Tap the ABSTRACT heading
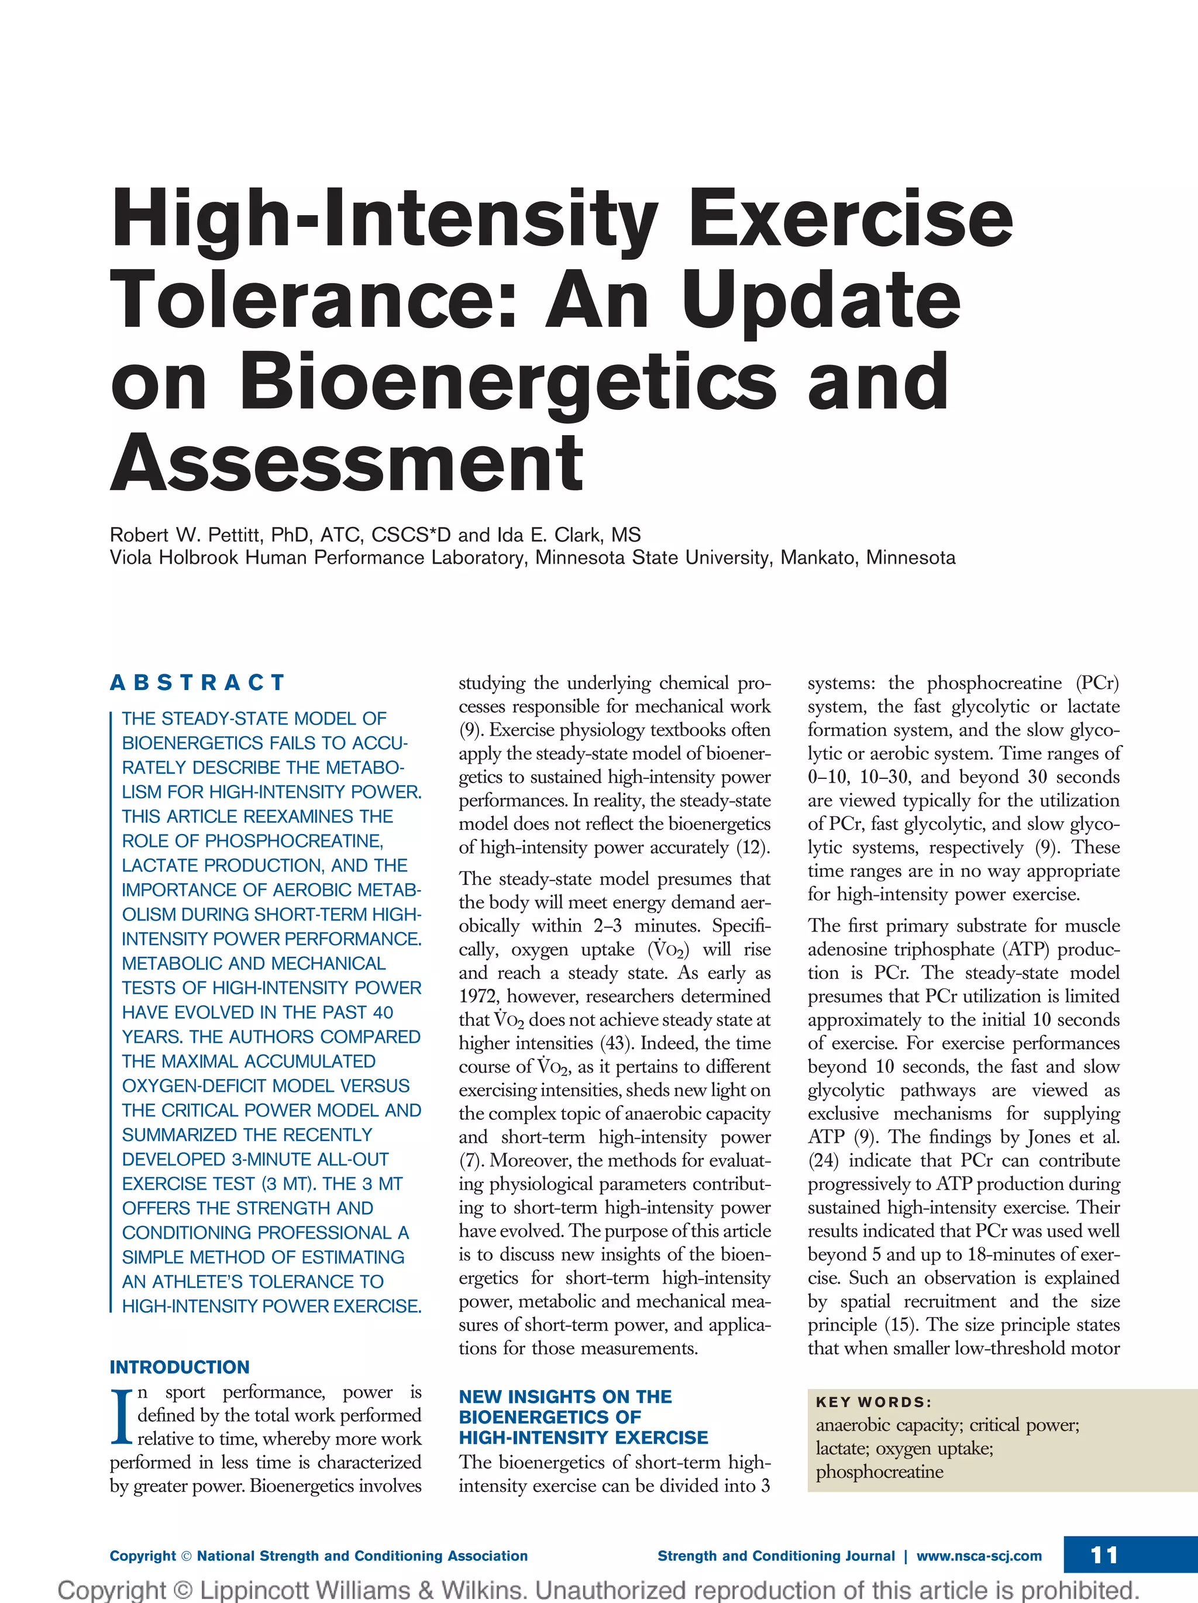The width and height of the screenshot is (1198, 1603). [197, 682]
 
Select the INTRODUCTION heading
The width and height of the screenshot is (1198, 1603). [180, 1367]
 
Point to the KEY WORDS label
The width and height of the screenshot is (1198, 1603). [873, 1402]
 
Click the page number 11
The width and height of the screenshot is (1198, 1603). [1104, 1555]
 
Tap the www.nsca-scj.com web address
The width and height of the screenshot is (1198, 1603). [979, 1556]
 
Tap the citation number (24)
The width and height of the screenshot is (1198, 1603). [823, 1161]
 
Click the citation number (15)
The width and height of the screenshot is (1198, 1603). [900, 1325]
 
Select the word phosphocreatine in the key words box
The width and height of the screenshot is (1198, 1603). [879, 1472]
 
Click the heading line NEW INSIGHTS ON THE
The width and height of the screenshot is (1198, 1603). [565, 1397]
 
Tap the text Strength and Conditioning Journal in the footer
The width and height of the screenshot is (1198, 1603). [776, 1556]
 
